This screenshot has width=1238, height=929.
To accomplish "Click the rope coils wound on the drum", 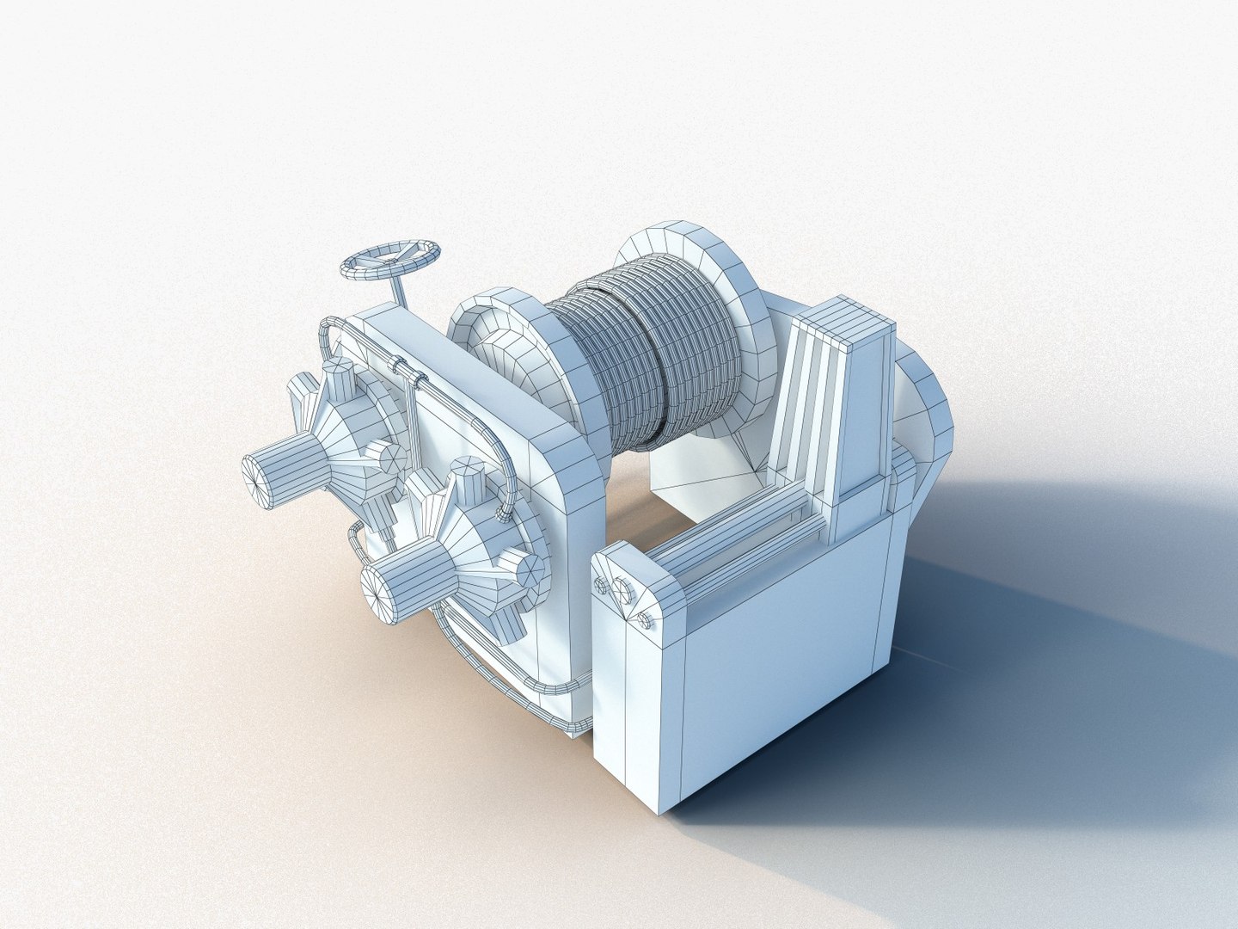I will coord(653,361).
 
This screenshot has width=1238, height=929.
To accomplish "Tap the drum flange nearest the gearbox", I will coord(499,344).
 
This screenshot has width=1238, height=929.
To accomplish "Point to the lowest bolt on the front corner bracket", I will coord(646,622).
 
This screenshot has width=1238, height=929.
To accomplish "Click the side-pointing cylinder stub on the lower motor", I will coord(526,567).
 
